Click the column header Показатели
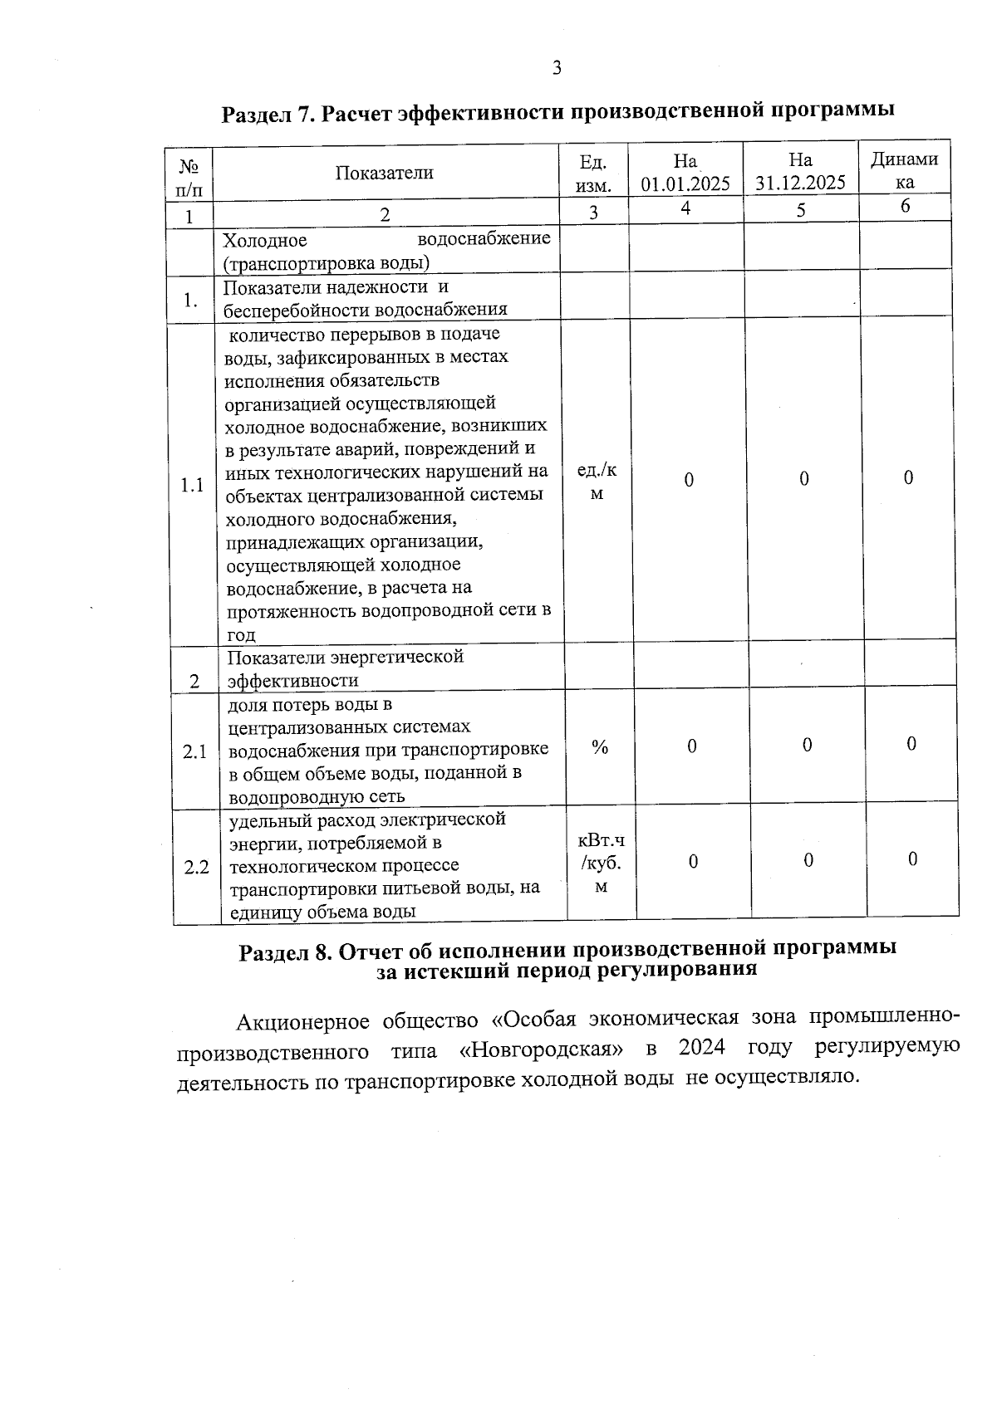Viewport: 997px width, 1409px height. click(x=385, y=173)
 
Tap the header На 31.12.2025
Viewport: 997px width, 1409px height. click(x=800, y=172)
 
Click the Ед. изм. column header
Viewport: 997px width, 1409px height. click(x=593, y=174)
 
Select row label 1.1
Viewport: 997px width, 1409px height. click(x=192, y=485)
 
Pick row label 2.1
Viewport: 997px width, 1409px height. click(x=195, y=752)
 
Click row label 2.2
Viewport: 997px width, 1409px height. click(x=196, y=868)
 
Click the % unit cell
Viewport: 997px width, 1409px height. click(x=600, y=747)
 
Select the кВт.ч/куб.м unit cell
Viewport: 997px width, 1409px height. click(x=602, y=864)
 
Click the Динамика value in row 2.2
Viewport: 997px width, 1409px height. click(x=912, y=859)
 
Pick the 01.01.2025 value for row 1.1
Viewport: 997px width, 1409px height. click(x=689, y=481)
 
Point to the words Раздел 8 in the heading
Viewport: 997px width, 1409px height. click(x=286, y=952)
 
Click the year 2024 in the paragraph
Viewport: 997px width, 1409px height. click(x=702, y=1048)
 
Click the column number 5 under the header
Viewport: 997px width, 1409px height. click(x=800, y=211)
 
